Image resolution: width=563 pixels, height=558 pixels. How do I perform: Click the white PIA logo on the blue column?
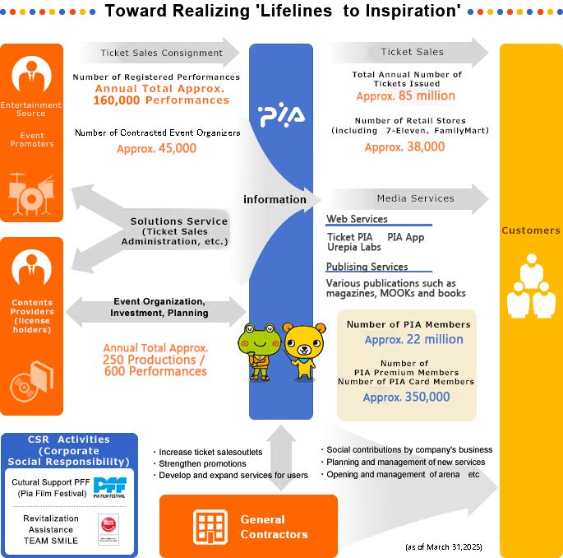(x=281, y=115)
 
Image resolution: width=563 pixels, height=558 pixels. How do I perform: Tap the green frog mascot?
(x=259, y=351)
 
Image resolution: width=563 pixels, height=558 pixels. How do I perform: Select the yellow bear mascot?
(x=304, y=351)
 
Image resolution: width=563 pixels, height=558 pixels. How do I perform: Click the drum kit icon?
(x=31, y=193)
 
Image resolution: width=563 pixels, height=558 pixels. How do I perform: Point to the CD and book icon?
(x=31, y=382)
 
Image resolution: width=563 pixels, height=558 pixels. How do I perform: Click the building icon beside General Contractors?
(x=210, y=527)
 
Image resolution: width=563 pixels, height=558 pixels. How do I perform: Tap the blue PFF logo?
(x=109, y=487)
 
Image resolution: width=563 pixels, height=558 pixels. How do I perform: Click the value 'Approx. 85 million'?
(x=406, y=96)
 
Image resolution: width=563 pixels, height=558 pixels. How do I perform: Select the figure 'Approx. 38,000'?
(x=404, y=147)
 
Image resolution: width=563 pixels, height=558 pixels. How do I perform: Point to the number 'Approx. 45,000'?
(x=156, y=148)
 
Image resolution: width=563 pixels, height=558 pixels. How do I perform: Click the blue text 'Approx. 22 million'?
(x=414, y=340)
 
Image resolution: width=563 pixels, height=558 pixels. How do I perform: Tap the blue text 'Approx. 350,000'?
(x=407, y=398)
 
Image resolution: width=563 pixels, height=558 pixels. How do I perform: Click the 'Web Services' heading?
(x=357, y=219)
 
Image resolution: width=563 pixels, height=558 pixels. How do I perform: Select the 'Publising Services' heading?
(x=367, y=267)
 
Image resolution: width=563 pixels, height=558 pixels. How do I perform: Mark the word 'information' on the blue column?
(x=275, y=199)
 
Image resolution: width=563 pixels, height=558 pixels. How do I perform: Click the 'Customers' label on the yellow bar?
(x=531, y=230)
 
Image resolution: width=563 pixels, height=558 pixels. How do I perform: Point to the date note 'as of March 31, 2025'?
(x=444, y=546)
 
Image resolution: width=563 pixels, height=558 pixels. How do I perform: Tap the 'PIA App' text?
(x=406, y=237)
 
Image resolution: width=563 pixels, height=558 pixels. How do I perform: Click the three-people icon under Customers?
(x=532, y=286)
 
